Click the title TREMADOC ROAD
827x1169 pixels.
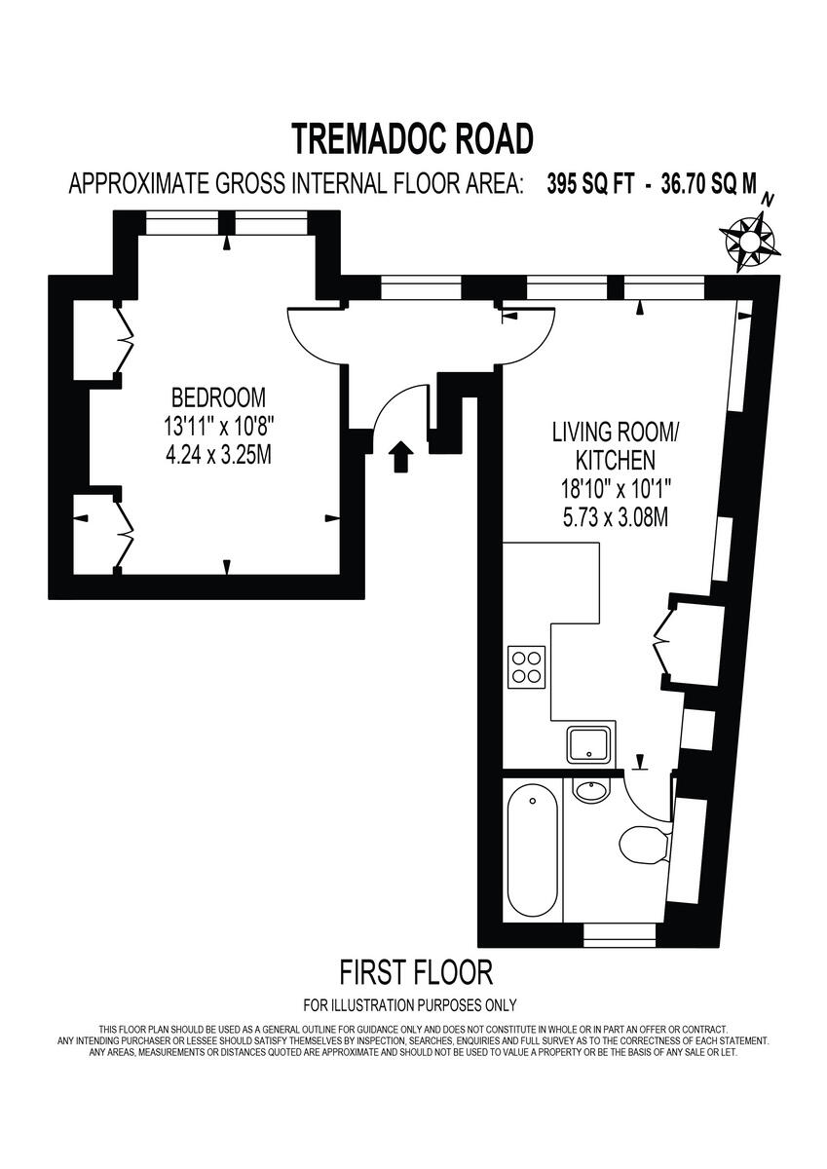413,138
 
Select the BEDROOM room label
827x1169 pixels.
218,397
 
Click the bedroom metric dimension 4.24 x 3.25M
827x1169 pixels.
218,454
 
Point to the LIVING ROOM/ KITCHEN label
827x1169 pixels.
604,444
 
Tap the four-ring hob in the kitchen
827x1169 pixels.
526,667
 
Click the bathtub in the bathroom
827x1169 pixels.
533,854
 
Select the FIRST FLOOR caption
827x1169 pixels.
416,971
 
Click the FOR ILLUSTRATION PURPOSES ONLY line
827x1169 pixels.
410,1005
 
